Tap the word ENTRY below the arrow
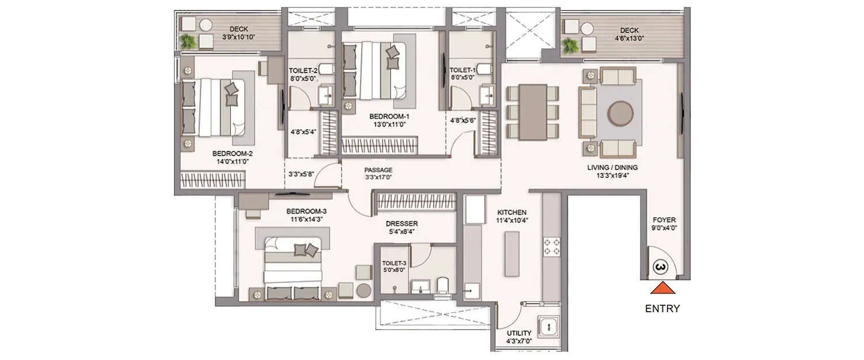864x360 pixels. [662, 309]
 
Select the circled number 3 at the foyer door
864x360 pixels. [661, 267]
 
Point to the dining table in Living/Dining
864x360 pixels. [533, 112]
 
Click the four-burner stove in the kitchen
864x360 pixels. [551, 247]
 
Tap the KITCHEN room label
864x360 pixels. [512, 213]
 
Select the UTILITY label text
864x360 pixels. [519, 333]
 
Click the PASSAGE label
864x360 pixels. [378, 170]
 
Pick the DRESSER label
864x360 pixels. [402, 223]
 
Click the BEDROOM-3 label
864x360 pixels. [306, 211]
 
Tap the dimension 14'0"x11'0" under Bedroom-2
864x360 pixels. [233, 162]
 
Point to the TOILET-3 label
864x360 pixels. [394, 263]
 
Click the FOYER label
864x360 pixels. [664, 220]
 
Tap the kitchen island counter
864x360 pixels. [511, 253]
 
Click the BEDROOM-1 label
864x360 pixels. [389, 116]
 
